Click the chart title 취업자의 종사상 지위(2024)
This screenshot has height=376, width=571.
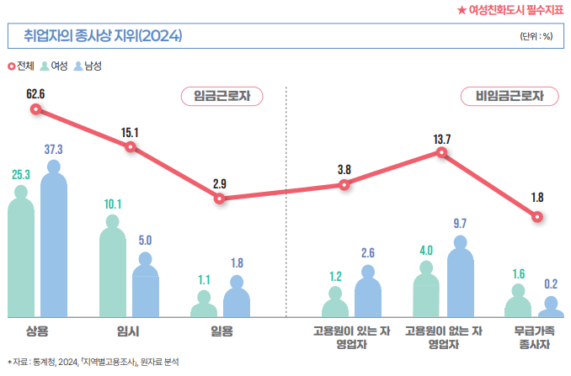pyautogui.click(x=102, y=36)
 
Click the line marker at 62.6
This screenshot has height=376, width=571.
pyautogui.click(x=35, y=109)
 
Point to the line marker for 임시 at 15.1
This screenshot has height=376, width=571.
pyautogui.click(x=131, y=147)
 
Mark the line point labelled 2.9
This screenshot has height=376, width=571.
pyautogui.click(x=220, y=199)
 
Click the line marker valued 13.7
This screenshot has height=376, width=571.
pyautogui.click(x=441, y=153)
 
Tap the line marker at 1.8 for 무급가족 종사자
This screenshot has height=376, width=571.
pyautogui.click(x=537, y=216)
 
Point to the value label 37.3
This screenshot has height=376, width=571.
pyautogui.click(x=54, y=149)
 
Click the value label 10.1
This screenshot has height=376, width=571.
pyautogui.click(x=113, y=204)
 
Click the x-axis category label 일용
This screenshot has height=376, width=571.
pyautogui.click(x=221, y=331)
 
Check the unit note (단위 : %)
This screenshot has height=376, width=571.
pyautogui.click(x=536, y=37)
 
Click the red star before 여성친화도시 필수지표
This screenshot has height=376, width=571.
pyautogui.click(x=461, y=9)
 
